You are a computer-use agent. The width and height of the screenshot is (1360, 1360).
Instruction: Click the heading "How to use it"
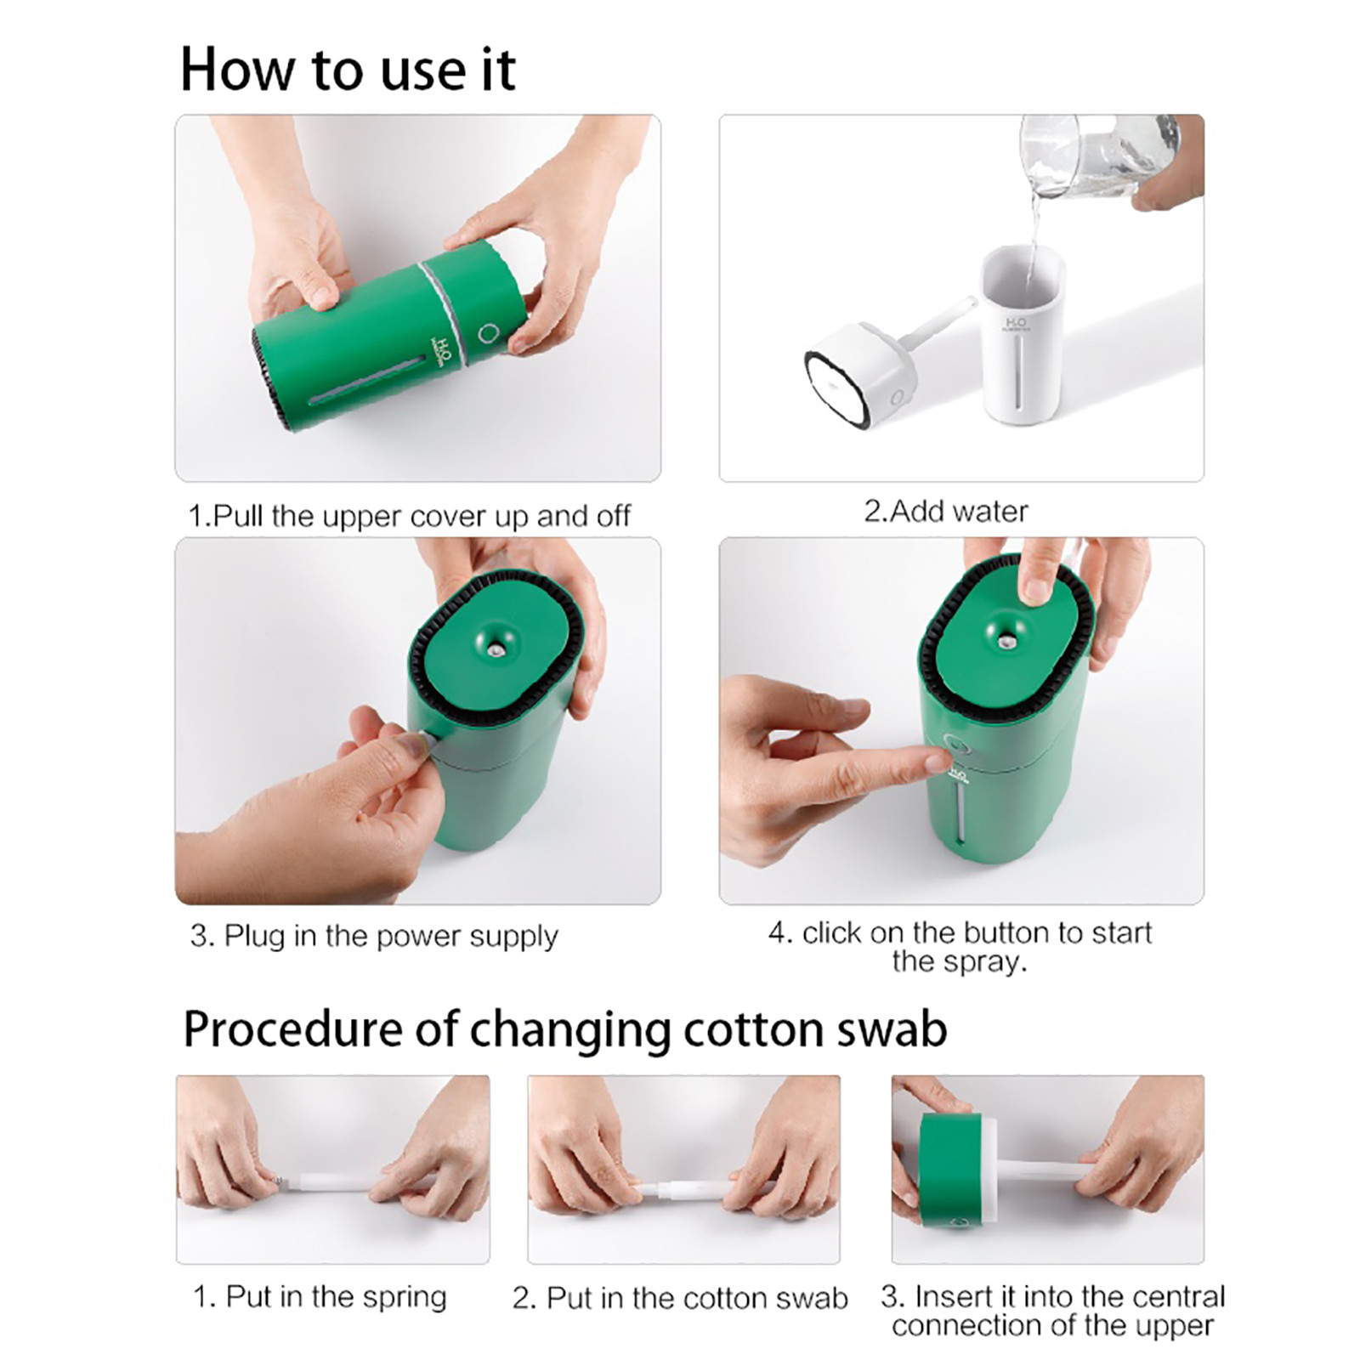pyautogui.click(x=348, y=70)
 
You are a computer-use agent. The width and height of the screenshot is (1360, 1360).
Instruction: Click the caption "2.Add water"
pyautogui.click(x=946, y=512)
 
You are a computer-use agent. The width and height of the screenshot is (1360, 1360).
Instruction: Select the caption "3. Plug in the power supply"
pyautogui.click(x=374, y=937)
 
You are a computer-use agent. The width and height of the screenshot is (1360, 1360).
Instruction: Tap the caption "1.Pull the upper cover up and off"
pyautogui.click(x=409, y=516)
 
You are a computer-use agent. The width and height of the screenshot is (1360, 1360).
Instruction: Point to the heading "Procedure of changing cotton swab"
pyautogui.click(x=565, y=1029)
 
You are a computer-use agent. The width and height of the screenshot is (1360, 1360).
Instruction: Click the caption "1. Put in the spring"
pyautogui.click(x=320, y=1297)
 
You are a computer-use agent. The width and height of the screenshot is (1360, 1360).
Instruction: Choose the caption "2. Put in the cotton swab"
pyautogui.click(x=680, y=1298)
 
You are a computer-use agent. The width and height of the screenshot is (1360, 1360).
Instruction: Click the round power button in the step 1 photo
pyautogui.click(x=488, y=332)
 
